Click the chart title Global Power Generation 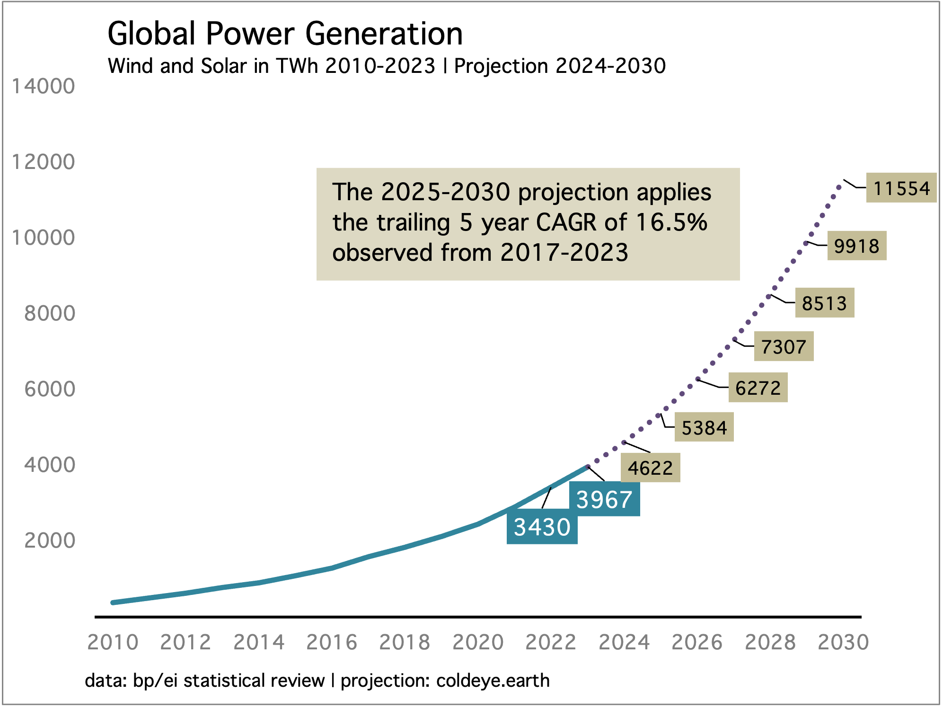(x=285, y=34)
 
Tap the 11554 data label (x=901, y=188)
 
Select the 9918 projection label (x=856, y=246)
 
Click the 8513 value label (x=824, y=303)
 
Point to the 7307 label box (x=784, y=347)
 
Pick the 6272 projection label (x=758, y=388)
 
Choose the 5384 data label (x=704, y=428)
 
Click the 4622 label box (x=650, y=468)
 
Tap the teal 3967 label (x=604, y=500)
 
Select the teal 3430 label (x=542, y=527)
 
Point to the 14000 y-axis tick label (x=44, y=87)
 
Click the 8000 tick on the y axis (x=50, y=314)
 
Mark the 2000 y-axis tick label (x=50, y=541)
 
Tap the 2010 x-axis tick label (x=113, y=643)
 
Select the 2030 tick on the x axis (x=843, y=643)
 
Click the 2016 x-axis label (x=332, y=643)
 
